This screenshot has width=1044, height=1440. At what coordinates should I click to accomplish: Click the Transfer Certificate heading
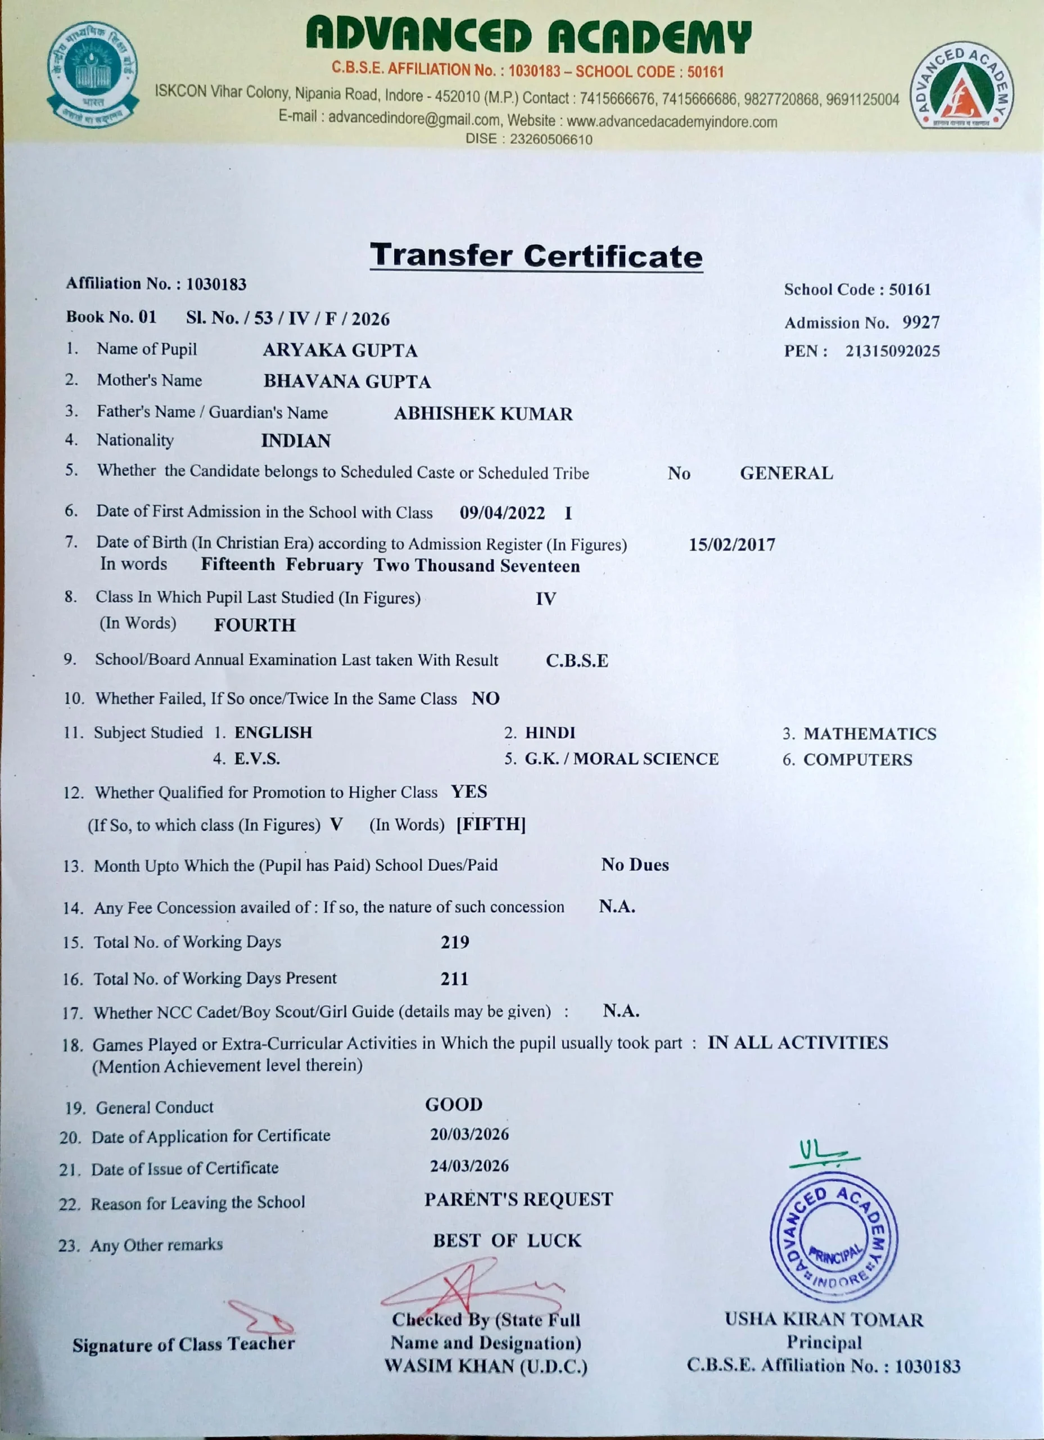(x=536, y=256)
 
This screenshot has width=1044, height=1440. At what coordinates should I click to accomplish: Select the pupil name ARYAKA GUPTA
(x=340, y=350)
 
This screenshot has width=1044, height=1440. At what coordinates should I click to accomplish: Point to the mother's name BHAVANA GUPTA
(x=347, y=381)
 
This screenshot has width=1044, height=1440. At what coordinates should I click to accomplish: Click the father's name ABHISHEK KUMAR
(x=483, y=414)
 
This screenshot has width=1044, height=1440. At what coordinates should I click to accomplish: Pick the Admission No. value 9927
(x=921, y=322)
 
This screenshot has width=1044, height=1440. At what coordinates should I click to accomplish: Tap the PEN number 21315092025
(x=892, y=351)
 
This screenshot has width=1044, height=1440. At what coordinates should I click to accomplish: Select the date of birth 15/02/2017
(x=732, y=544)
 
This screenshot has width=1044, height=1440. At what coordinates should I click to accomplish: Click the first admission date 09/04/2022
(x=502, y=513)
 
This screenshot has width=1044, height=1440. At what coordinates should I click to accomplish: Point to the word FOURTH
(x=255, y=625)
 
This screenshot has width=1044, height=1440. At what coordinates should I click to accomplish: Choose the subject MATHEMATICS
(x=870, y=734)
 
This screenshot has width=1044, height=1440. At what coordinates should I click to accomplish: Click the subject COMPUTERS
(x=857, y=760)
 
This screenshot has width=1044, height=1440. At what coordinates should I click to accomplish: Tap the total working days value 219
(x=455, y=942)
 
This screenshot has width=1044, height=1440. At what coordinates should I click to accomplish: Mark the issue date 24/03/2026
(x=469, y=1167)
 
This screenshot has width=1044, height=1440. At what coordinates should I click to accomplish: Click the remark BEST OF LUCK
(x=507, y=1241)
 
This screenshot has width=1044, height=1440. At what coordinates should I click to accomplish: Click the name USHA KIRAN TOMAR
(x=824, y=1320)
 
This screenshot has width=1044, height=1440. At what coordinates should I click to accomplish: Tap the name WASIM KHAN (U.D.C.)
(x=486, y=1367)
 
